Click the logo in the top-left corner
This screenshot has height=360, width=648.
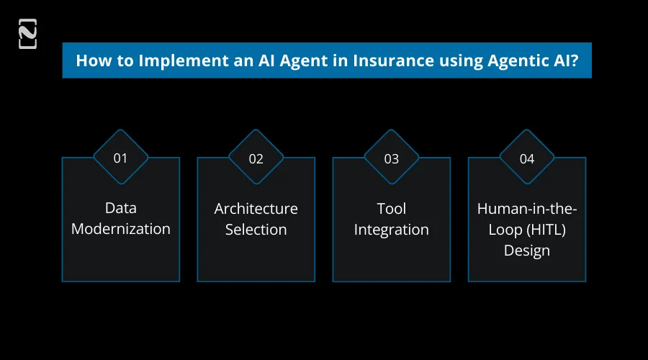click(x=27, y=34)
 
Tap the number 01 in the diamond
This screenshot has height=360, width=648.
click(x=120, y=158)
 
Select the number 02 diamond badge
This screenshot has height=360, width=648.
click(x=256, y=158)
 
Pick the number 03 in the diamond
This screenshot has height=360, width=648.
click(x=391, y=158)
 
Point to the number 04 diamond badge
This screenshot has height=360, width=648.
click(x=526, y=158)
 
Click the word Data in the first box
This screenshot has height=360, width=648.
click(x=120, y=208)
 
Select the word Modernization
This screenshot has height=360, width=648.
click(x=120, y=229)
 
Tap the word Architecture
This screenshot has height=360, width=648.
click(x=256, y=208)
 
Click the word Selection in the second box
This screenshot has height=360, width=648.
click(x=256, y=229)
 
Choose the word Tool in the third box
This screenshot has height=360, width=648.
click(x=391, y=208)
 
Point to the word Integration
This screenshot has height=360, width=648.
click(x=391, y=229)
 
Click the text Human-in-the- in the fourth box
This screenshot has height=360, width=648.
click(x=526, y=208)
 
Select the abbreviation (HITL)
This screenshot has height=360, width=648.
click(x=545, y=229)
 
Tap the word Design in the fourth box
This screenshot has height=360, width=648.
click(x=526, y=250)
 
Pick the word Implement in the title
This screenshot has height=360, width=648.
click(x=168, y=60)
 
